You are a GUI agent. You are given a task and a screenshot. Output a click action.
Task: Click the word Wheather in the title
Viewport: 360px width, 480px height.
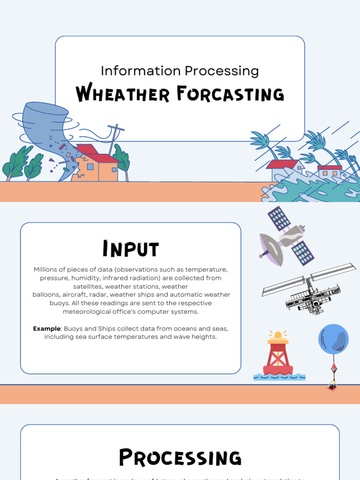point(123,94)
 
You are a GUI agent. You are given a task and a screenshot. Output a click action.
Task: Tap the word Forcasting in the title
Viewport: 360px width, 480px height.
point(230,94)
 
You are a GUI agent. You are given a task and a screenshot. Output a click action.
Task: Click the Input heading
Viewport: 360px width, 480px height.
point(131,249)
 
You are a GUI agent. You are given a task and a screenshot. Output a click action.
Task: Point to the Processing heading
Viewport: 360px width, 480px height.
point(180,457)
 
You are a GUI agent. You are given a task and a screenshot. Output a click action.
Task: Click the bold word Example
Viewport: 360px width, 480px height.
point(47,329)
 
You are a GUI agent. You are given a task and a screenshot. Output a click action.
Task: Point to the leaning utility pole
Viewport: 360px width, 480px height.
point(113,136)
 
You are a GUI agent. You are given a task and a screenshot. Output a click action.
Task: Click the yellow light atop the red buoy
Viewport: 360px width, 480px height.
point(278,335)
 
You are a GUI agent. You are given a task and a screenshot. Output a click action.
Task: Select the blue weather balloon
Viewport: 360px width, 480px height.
point(333,339)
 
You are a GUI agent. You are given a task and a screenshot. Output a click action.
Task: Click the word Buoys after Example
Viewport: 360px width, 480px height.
point(74,329)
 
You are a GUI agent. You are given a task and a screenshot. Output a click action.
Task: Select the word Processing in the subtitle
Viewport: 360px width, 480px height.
point(221,71)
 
